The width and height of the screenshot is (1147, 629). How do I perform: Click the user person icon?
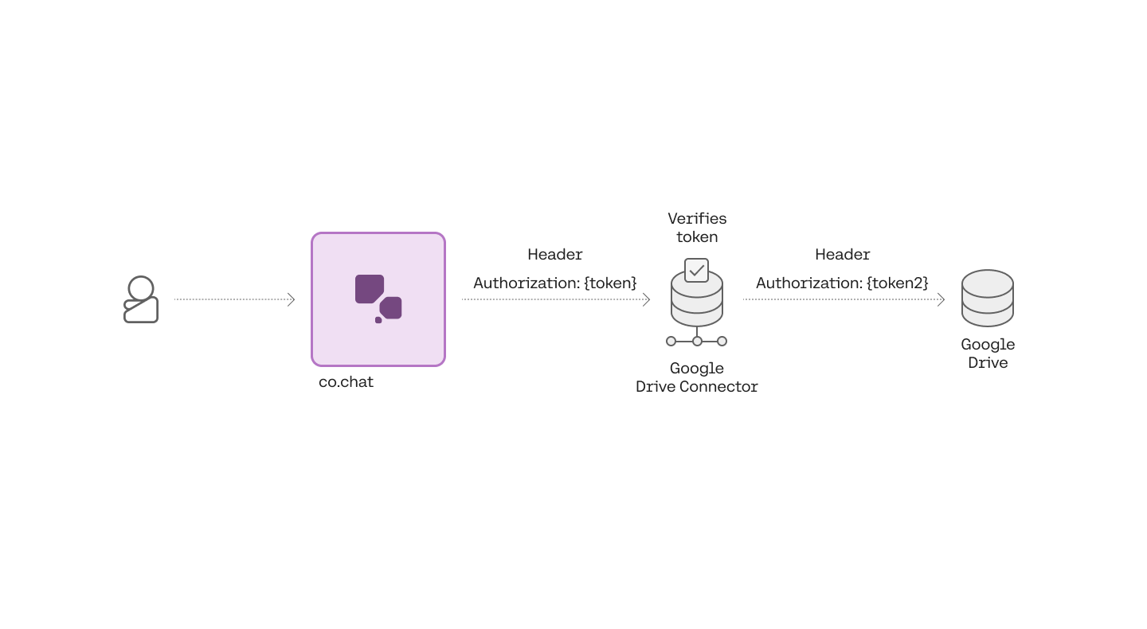pos(141,299)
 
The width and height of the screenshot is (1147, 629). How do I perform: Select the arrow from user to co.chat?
pos(235,299)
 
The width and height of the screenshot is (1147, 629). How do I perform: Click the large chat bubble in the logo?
pos(370,289)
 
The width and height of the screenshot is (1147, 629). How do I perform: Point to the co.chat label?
pos(346,382)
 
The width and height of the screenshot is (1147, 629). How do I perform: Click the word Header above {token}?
pos(555,255)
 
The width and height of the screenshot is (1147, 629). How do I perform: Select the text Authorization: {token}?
pos(555,283)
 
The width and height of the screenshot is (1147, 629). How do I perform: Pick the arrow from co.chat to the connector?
pos(556,299)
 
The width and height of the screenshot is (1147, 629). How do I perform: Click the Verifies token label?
pos(697,228)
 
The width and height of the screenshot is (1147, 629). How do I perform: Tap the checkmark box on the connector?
pos(697,270)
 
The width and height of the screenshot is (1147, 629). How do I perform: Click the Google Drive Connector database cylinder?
pos(697,303)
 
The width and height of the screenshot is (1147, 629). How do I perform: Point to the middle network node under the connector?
pos(697,341)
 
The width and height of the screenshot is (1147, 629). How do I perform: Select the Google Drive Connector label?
pos(697,377)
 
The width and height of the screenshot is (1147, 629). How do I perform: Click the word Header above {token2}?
pos(843,255)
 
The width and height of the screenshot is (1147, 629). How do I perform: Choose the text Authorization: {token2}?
pos(843,283)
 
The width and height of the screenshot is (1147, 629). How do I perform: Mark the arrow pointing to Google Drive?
pos(844,299)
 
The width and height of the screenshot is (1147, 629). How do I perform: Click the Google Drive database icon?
pos(988,298)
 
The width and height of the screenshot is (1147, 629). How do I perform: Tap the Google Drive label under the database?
pos(988,354)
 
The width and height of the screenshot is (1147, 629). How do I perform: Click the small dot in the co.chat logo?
pos(378,320)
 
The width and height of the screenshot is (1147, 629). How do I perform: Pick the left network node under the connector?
pos(671,341)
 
